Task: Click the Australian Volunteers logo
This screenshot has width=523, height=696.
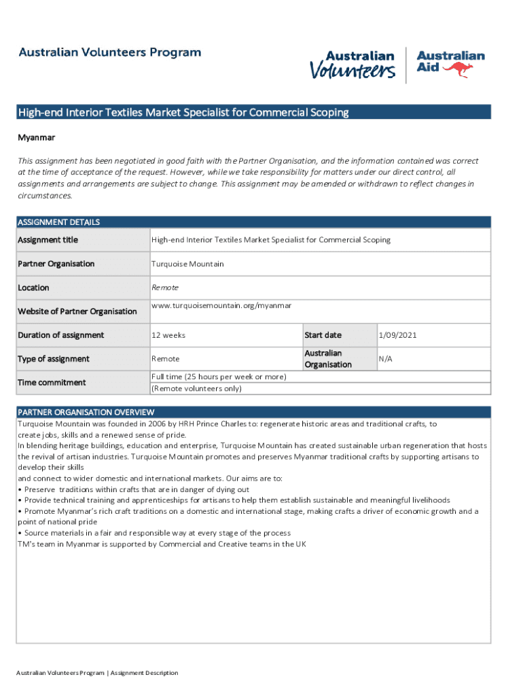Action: (353, 65)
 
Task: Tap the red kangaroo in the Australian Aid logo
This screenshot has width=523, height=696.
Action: (459, 69)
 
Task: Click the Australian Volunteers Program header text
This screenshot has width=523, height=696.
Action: (109, 52)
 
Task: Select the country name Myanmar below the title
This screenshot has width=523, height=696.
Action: (36, 137)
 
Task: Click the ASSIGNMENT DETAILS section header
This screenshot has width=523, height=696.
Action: (58, 222)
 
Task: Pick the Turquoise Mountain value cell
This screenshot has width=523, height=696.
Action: (187, 264)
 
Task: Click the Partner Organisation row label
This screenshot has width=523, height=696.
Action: (56, 264)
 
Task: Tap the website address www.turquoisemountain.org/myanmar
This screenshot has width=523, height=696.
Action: (221, 306)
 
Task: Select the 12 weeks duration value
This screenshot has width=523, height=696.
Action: (168, 335)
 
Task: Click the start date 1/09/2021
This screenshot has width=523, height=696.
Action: (397, 335)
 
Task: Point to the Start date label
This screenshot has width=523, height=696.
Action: (323, 335)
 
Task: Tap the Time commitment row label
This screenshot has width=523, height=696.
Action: (52, 383)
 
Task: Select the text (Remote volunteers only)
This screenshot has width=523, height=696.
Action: (196, 389)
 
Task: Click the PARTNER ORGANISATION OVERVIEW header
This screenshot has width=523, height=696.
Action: (86, 412)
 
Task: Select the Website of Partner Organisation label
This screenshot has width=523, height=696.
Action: (77, 311)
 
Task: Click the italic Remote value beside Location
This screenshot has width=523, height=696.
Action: (165, 288)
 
